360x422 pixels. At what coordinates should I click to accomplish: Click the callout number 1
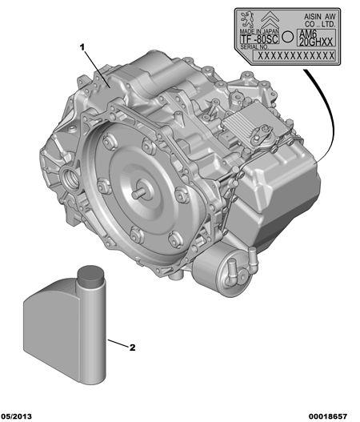[82, 47]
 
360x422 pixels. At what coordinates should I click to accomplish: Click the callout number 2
[132, 348]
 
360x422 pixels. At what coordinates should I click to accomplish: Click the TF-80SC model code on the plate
[259, 39]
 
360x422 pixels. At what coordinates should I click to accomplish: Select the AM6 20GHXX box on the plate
[316, 38]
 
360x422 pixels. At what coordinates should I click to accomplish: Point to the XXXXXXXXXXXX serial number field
[294, 56]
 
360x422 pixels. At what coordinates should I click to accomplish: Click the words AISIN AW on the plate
[320, 17]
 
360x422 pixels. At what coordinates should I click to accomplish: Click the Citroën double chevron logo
[270, 20]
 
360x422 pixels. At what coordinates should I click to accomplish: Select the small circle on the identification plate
[288, 37]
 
